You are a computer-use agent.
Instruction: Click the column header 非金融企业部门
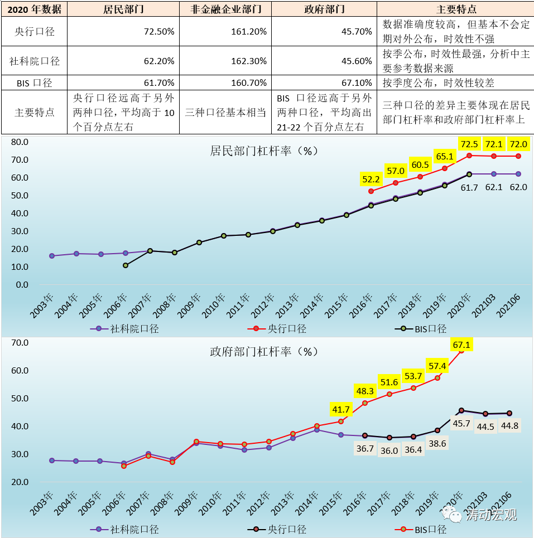(x=225, y=9)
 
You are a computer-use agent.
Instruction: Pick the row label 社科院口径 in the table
(x=35, y=61)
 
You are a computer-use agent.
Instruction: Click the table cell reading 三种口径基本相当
(x=225, y=112)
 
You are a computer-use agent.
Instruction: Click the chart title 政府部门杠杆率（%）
(x=263, y=351)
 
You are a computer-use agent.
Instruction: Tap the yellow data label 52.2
(x=371, y=179)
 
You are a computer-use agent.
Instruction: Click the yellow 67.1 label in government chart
(x=461, y=345)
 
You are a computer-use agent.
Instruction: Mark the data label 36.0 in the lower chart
(x=389, y=450)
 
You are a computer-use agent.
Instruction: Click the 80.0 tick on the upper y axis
(x=19, y=142)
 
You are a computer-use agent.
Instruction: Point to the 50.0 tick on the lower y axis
(x=19, y=399)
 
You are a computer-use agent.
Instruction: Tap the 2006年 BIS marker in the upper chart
(x=126, y=265)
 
